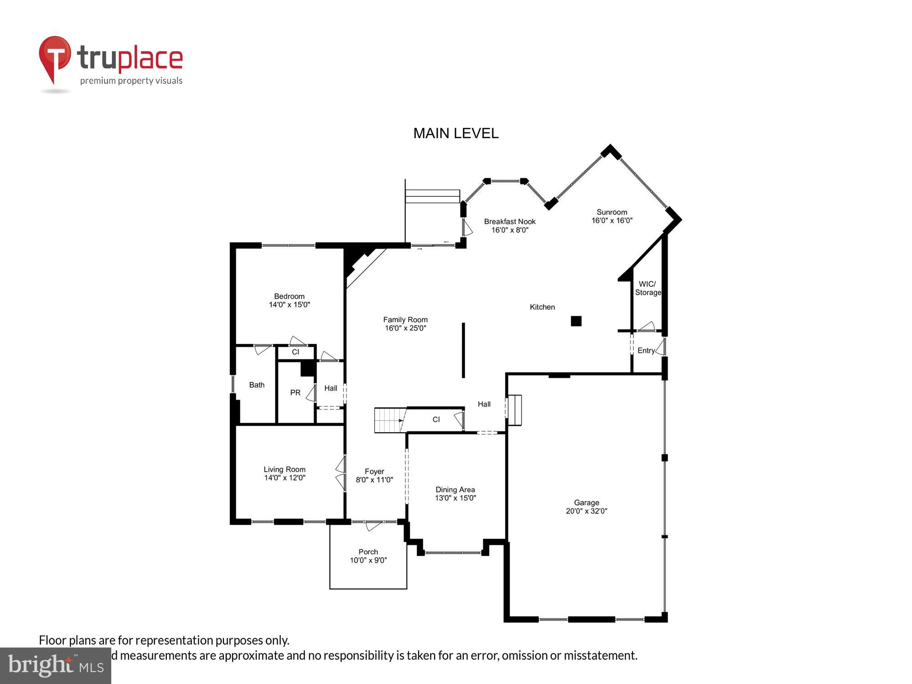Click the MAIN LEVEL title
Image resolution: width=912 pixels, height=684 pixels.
pos(456,133)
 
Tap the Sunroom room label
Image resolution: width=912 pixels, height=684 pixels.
pos(611,212)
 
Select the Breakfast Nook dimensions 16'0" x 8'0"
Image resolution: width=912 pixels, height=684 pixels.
pos(510,230)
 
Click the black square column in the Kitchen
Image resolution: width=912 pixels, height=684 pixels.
pos(576,321)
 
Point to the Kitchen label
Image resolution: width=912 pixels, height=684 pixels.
pos(542,307)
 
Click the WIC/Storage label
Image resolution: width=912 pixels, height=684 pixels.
pos(648,288)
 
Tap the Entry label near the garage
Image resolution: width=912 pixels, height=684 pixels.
pos(646,350)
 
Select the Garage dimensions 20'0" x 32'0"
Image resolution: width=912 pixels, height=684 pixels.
pos(586,511)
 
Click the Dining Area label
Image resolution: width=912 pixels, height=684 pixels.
pos(455,490)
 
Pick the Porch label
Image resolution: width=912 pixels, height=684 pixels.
pos(368,552)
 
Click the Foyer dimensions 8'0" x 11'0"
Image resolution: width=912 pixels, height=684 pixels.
pos(374,480)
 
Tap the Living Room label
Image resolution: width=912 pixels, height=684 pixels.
pos(285,469)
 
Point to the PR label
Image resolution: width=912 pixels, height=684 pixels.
pos(295,393)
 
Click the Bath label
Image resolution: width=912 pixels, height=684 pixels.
pos(257,385)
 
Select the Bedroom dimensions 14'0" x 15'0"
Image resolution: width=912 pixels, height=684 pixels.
pos(289,305)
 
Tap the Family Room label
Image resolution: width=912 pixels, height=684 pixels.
pos(405,320)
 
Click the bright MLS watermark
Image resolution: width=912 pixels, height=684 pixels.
pos(55,666)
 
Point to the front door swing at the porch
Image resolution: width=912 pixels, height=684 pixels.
pos(373,526)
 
